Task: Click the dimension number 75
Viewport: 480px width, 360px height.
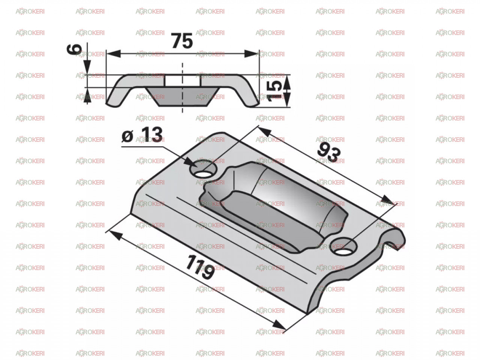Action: [x=182, y=41]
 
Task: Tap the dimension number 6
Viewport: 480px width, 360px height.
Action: [x=74, y=49]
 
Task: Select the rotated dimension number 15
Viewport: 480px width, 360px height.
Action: [x=275, y=90]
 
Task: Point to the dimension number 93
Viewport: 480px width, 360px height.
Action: [x=329, y=152]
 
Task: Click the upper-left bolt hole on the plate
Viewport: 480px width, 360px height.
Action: [x=203, y=171]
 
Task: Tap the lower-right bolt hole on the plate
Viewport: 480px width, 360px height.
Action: [x=344, y=247]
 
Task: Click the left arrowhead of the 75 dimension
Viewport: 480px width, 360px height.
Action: [x=114, y=54]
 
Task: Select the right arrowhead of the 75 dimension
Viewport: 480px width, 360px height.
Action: [x=252, y=54]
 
